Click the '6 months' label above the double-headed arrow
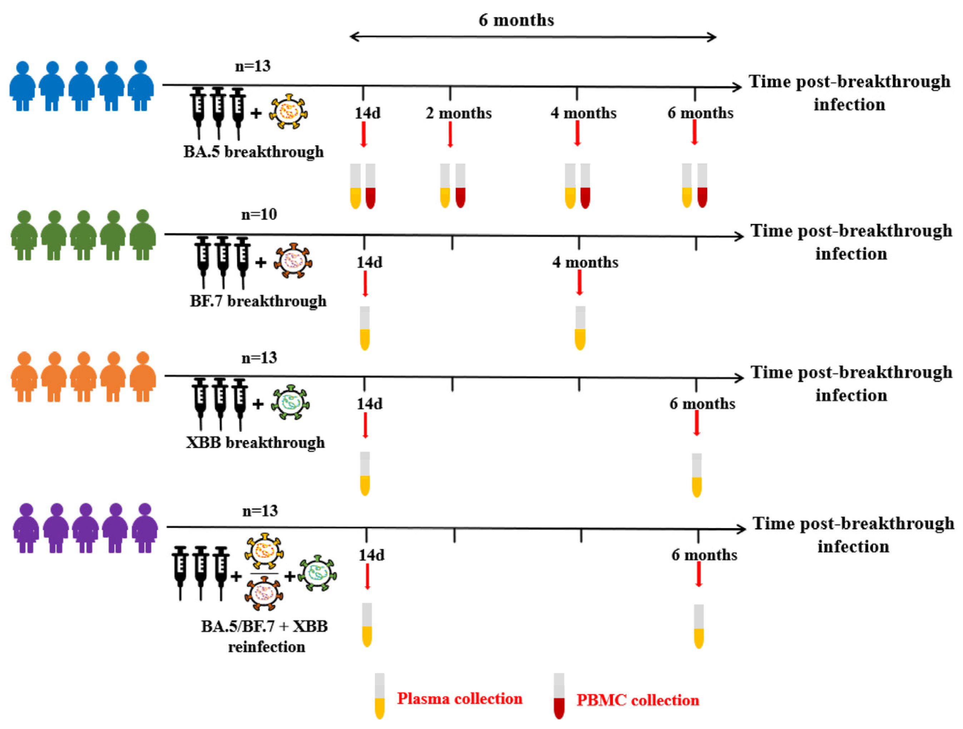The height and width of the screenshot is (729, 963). coord(516,20)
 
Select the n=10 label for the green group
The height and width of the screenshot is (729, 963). coord(259,214)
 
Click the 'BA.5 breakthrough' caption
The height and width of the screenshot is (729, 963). coord(253,152)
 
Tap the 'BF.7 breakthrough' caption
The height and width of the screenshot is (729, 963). coord(258,301)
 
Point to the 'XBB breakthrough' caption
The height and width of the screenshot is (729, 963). coord(255,443)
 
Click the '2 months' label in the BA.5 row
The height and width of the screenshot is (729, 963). coord(458,113)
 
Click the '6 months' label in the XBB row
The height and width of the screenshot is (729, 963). coord(702,404)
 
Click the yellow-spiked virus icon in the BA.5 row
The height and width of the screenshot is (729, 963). coord(288,113)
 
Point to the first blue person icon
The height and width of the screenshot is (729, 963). coord(22,86)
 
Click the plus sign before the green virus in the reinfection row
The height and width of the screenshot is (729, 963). coord(289,577)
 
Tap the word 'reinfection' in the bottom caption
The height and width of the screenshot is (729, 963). coord(267,647)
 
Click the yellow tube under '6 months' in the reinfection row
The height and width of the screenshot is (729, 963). coord(699,627)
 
